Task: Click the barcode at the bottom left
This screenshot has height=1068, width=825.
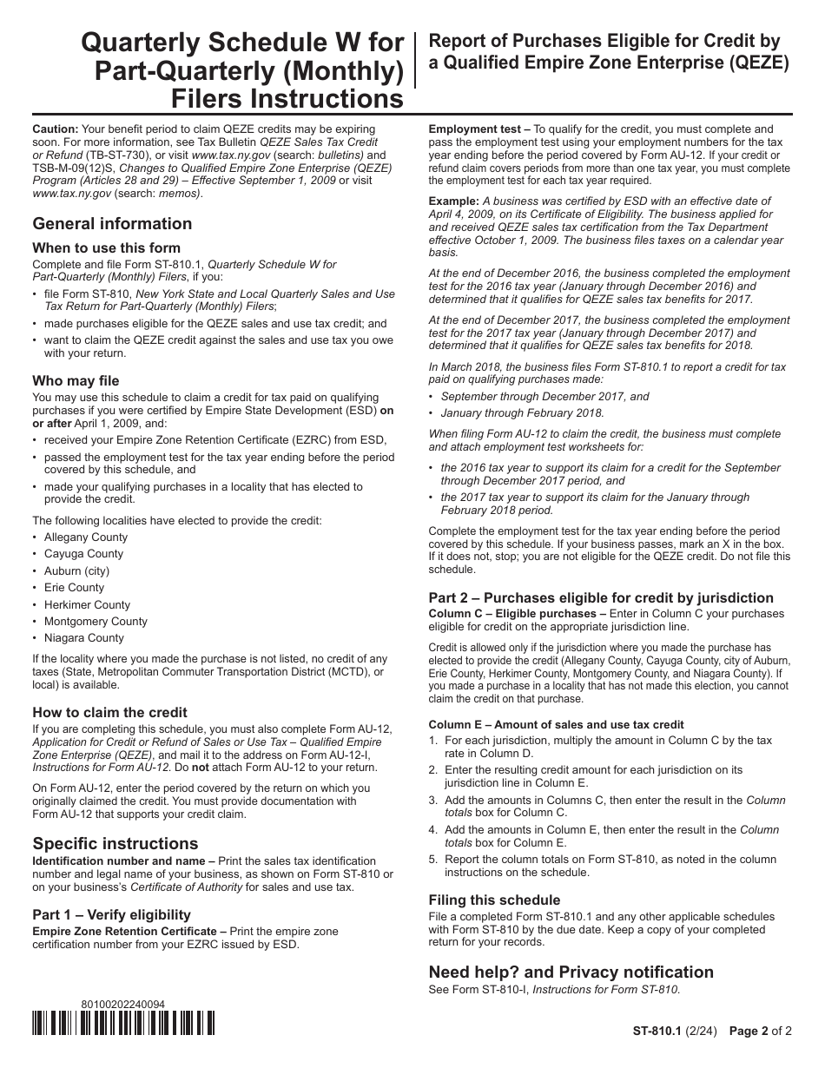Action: (x=123, y=1025)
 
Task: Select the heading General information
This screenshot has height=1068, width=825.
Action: (x=112, y=223)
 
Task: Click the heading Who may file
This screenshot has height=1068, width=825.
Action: (x=76, y=380)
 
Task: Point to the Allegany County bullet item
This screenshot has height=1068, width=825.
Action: (x=85, y=537)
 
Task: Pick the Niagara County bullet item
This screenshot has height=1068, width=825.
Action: (x=83, y=637)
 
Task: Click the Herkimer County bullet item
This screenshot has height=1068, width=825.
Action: (x=87, y=604)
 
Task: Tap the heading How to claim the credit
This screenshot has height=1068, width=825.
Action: (x=109, y=712)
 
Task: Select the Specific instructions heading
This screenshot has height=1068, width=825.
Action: (x=115, y=843)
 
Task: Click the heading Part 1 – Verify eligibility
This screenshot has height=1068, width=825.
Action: (x=111, y=914)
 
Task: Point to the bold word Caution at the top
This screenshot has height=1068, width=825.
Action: (x=55, y=129)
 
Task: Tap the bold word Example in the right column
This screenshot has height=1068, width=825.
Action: (x=453, y=201)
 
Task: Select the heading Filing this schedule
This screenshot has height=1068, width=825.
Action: (x=494, y=900)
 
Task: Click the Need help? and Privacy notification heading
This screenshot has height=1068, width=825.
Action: (x=571, y=972)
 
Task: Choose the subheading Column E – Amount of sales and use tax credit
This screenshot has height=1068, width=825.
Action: (x=556, y=724)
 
